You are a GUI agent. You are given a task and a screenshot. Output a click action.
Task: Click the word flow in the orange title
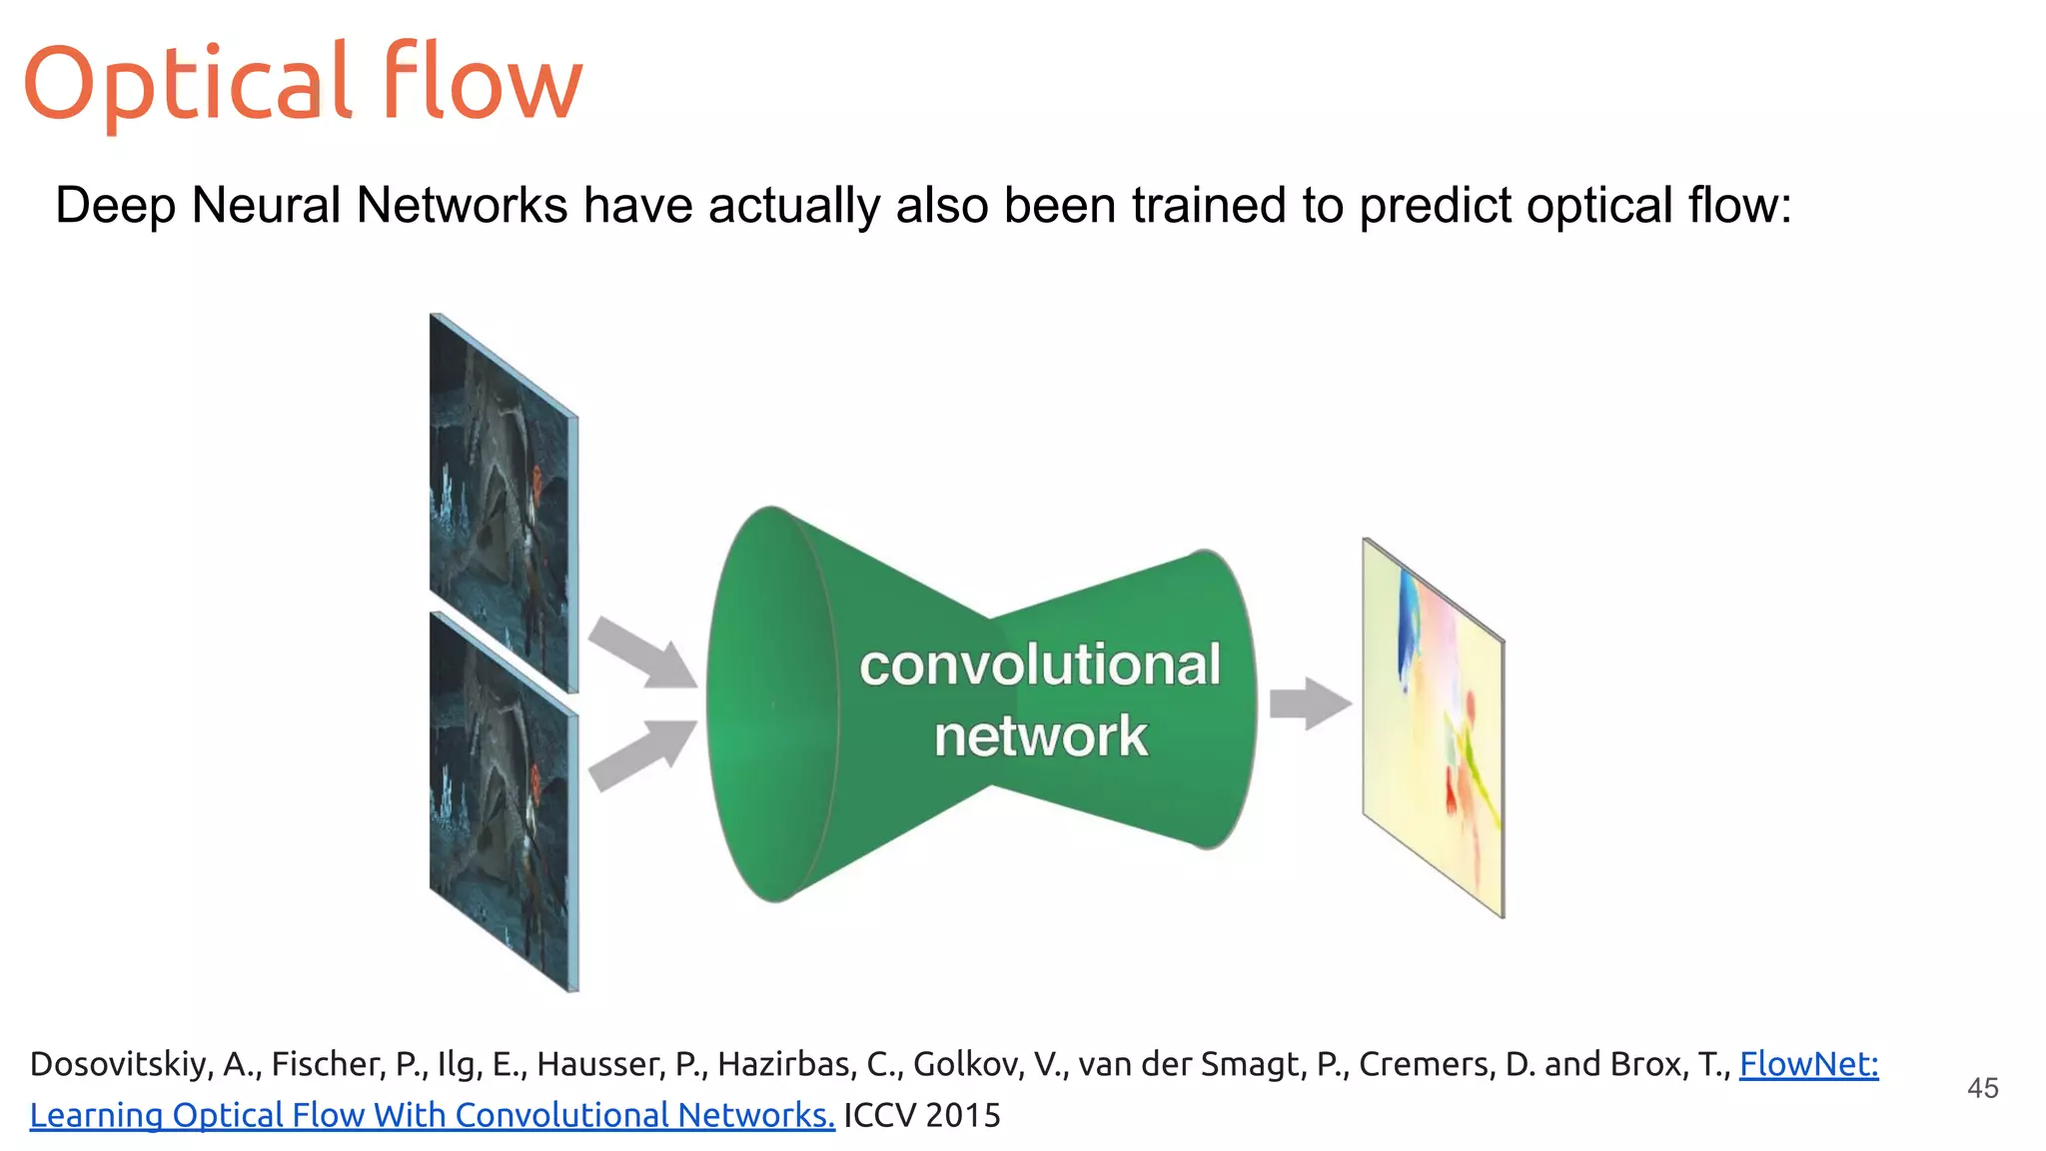tap(482, 82)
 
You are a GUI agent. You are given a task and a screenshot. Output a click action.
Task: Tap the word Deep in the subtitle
tap(115, 206)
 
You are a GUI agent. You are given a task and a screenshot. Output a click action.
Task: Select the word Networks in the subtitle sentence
tap(462, 206)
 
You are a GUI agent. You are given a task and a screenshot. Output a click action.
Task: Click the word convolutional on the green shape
tap(1039, 665)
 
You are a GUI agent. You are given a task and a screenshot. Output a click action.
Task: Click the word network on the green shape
tap(1040, 736)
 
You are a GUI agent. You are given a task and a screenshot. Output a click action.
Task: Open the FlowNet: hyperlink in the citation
tap(1808, 1064)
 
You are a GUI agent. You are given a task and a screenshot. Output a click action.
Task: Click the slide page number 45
tap(1982, 1088)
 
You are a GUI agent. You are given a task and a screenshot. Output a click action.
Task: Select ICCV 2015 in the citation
tap(921, 1116)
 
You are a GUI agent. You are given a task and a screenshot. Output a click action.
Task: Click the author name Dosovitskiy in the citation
tap(120, 1064)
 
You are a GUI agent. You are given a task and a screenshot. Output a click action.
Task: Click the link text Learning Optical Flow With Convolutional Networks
tap(432, 1116)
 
